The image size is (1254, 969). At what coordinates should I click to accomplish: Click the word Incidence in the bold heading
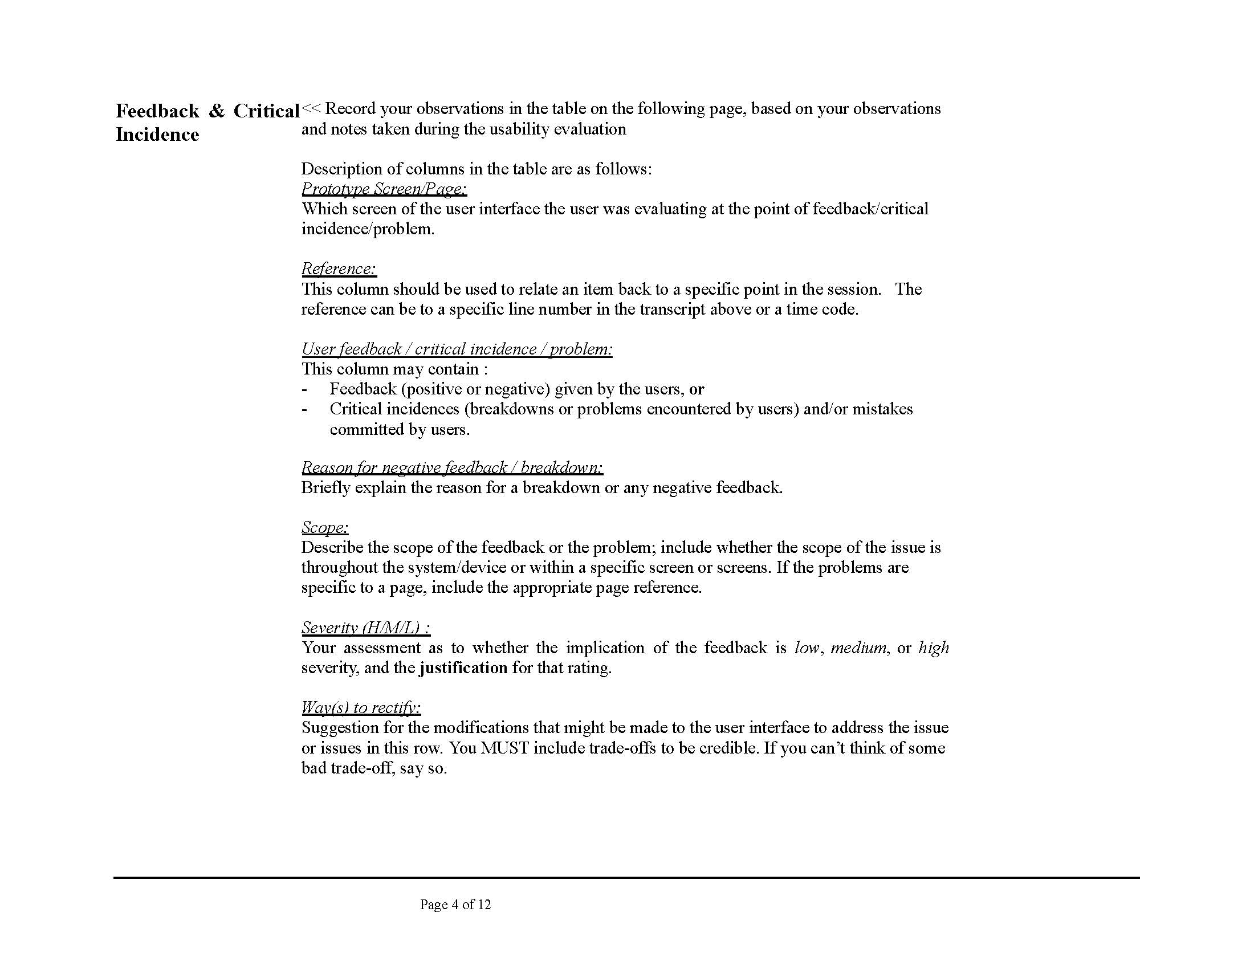coord(157,135)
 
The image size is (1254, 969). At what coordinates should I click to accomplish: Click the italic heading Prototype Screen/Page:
coord(384,188)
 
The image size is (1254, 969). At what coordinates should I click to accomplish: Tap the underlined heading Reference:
coord(339,268)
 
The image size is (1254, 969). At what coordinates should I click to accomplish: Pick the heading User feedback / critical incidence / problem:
coord(457,349)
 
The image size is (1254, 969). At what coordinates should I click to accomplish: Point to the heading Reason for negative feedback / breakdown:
coord(452,467)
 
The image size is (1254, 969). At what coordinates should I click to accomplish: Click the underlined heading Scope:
coord(324,527)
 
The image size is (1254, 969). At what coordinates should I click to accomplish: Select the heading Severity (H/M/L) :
coord(365,628)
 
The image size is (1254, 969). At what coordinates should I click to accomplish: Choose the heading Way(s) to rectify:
coord(361,707)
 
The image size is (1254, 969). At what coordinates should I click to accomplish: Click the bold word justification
coord(463,667)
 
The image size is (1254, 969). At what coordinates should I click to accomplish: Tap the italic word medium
coord(858,648)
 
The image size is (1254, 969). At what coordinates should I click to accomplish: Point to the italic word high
coord(933,648)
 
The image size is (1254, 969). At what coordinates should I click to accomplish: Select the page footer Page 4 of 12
coord(455,905)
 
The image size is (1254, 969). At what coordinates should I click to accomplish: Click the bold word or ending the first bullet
coord(697,389)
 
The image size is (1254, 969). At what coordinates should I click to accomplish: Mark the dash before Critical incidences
coord(304,409)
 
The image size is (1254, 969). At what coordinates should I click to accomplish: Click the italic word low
coord(807,648)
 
